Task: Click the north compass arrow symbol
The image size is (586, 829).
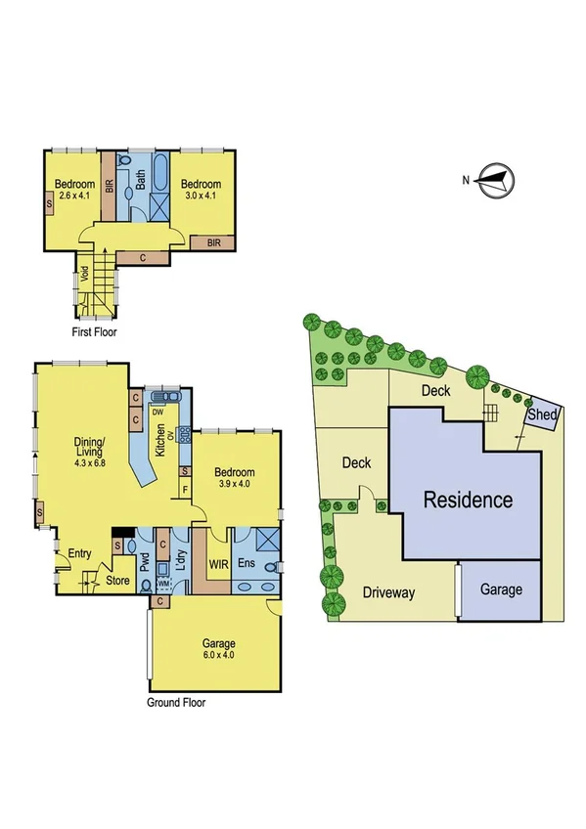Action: click(497, 181)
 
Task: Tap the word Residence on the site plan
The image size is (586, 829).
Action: click(467, 501)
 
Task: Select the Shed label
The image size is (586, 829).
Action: click(542, 415)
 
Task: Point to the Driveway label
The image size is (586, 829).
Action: click(389, 592)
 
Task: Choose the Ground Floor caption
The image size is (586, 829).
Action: click(176, 702)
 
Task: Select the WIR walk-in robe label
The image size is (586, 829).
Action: click(218, 565)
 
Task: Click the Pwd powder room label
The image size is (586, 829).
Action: click(146, 565)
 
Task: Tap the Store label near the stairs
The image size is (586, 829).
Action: click(118, 580)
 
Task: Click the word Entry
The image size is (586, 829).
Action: click(78, 554)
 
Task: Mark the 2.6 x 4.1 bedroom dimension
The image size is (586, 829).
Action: click(74, 196)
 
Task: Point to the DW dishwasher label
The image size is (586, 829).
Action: click(157, 413)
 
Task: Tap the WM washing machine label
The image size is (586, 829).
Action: click(163, 584)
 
